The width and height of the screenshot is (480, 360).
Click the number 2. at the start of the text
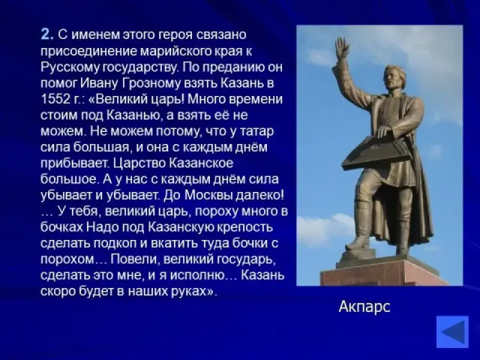(47, 34)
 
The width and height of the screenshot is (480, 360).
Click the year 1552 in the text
(55, 99)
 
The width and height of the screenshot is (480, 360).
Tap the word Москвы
(208, 195)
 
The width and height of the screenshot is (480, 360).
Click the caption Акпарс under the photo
(364, 307)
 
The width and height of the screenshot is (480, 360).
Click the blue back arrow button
(452, 332)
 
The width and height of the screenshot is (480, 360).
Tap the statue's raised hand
(342, 47)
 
